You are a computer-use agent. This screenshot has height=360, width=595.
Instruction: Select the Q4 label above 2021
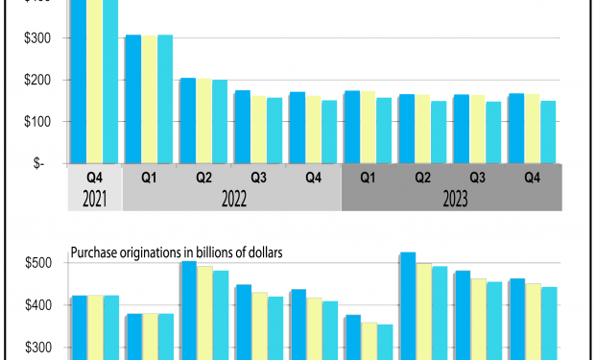tap(94, 178)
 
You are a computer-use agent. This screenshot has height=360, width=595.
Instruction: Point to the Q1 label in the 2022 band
tap(149, 178)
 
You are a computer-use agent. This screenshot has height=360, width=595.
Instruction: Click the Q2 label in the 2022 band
tap(203, 178)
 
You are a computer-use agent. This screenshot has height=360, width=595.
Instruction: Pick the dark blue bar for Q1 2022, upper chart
tap(133, 99)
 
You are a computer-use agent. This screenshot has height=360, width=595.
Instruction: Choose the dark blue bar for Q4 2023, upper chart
tap(516, 129)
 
